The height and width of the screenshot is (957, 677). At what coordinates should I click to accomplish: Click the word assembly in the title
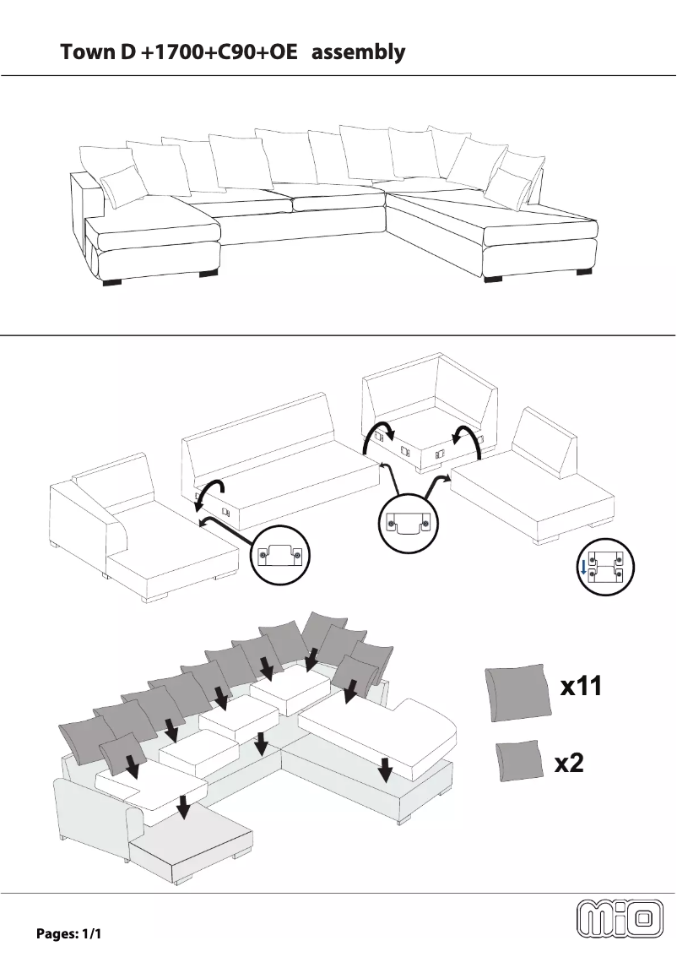(x=359, y=52)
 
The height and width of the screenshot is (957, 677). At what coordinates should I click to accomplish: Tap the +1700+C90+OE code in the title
(x=219, y=52)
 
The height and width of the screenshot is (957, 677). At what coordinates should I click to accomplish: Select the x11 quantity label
(x=582, y=687)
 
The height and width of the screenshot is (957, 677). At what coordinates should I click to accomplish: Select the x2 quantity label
(x=569, y=764)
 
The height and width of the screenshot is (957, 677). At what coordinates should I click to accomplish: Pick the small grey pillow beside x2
(x=518, y=760)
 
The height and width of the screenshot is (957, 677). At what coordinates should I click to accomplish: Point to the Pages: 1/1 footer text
(x=68, y=934)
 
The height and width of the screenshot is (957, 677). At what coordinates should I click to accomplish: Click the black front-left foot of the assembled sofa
(x=107, y=283)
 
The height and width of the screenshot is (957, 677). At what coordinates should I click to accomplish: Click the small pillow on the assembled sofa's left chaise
(x=122, y=186)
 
